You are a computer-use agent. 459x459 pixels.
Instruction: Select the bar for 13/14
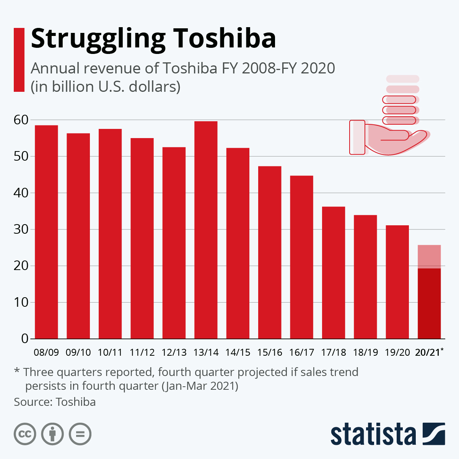[x=206, y=230]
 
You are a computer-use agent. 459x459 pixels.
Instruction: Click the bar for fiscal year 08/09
[x=46, y=232]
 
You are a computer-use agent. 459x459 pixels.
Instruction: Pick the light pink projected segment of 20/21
[x=429, y=257]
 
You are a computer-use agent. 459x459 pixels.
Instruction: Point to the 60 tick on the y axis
[x=21, y=120]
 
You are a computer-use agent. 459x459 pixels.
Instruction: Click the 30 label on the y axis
[x=21, y=229]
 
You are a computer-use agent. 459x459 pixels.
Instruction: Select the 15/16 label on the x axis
[x=270, y=352]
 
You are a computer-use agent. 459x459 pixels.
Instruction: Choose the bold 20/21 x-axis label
[x=428, y=352]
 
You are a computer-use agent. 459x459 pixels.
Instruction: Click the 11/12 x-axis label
[x=142, y=352]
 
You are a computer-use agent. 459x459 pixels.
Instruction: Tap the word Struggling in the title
[x=98, y=39]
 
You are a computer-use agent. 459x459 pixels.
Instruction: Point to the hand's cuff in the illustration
[x=357, y=137]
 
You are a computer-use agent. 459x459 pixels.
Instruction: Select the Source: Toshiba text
[x=55, y=402]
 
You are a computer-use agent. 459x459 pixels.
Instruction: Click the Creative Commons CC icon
[x=25, y=434]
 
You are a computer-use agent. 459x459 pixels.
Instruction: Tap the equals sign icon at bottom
[x=80, y=434]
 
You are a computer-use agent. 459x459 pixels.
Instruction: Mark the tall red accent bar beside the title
[x=19, y=60]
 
